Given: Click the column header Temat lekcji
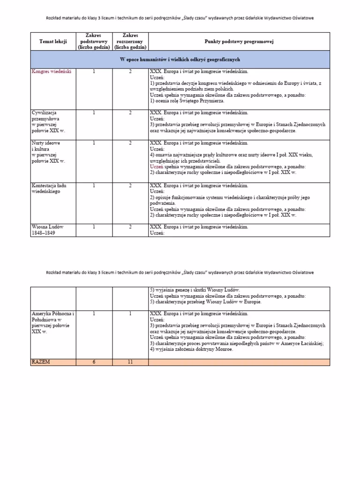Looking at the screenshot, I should click(x=53, y=42).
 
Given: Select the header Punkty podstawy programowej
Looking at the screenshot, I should click(x=239, y=42).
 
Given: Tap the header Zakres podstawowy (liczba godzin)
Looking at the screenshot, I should click(x=94, y=41).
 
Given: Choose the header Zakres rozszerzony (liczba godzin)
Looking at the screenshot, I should click(x=130, y=41).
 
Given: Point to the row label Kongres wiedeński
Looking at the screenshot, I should click(x=51, y=72).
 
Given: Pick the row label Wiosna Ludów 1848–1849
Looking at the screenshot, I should click(x=47, y=230).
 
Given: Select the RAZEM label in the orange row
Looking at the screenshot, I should click(x=41, y=362).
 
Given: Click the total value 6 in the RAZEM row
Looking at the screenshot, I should click(x=94, y=362).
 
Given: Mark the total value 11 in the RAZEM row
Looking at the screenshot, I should click(x=130, y=362).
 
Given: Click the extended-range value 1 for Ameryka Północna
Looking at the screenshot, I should click(x=130, y=313).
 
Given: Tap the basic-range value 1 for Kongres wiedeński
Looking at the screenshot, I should click(x=94, y=72).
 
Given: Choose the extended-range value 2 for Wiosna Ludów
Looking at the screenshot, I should click(x=130, y=227).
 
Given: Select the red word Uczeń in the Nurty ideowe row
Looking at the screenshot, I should click(x=157, y=166).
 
